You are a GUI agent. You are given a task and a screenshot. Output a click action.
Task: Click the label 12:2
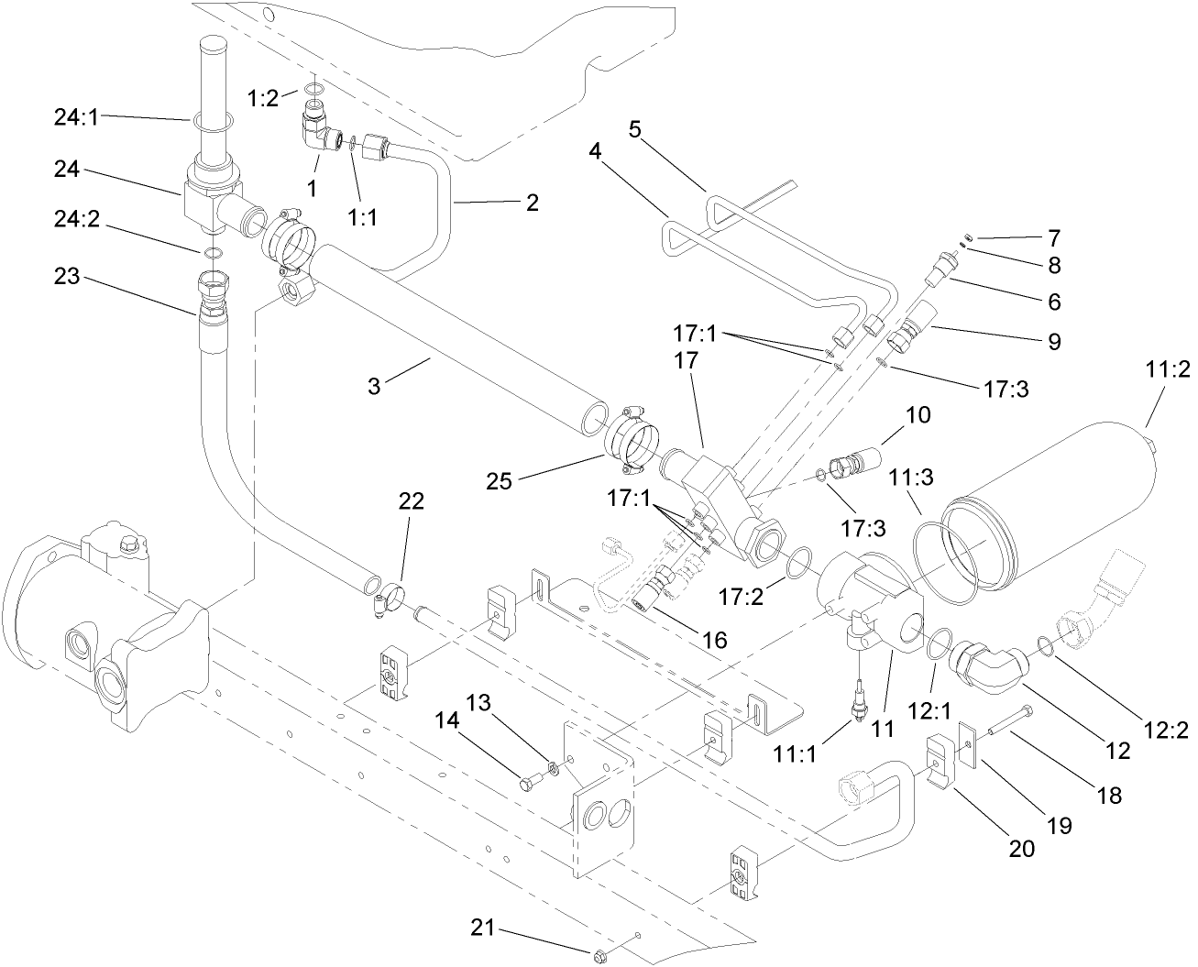pyautogui.click(x=1167, y=730)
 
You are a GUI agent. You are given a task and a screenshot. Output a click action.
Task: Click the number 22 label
pyautogui.click(x=412, y=501)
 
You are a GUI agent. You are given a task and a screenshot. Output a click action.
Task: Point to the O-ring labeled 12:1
pyautogui.click(x=932, y=644)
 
